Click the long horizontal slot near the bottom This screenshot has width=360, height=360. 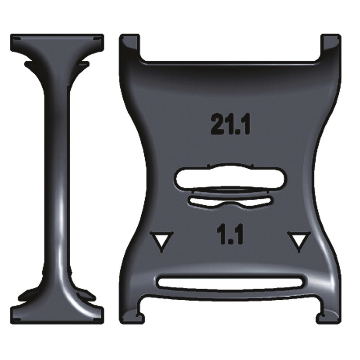[230, 283]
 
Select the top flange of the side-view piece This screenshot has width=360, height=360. [57, 42]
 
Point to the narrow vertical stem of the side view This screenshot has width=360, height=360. [57, 180]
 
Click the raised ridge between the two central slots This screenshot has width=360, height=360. [229, 192]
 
